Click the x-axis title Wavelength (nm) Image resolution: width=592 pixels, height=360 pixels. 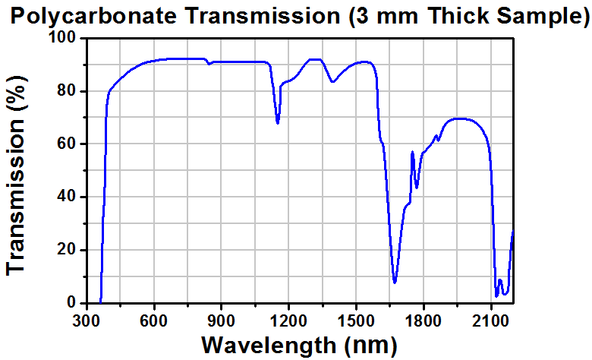click(298, 345)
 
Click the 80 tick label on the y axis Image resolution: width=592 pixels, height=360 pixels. click(68, 91)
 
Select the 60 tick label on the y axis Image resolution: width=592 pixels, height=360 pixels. click(68, 144)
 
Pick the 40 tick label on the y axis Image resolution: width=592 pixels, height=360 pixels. click(68, 197)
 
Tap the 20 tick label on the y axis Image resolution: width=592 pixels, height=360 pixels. click(68, 250)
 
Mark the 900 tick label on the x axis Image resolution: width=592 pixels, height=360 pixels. click(222, 319)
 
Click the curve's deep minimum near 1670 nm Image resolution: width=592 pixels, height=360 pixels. click(395, 283)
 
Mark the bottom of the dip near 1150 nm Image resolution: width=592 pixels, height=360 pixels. click(278, 123)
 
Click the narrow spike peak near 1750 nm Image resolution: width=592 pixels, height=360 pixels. click(412, 152)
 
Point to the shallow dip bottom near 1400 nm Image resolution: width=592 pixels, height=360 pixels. click(332, 82)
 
